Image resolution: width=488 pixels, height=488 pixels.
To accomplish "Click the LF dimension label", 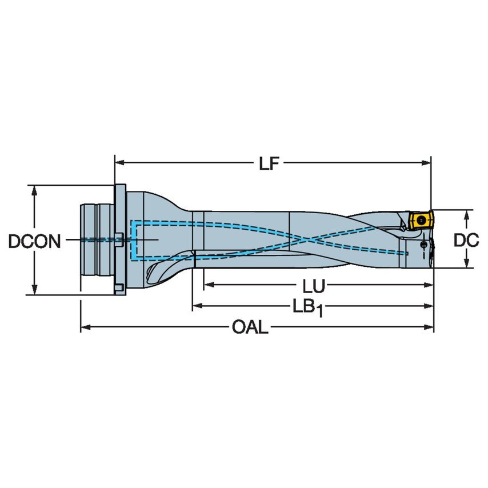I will pos(268,164).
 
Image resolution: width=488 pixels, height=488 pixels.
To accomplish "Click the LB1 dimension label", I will pos(309,307).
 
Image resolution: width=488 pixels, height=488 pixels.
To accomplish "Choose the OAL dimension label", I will pos(250,328).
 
